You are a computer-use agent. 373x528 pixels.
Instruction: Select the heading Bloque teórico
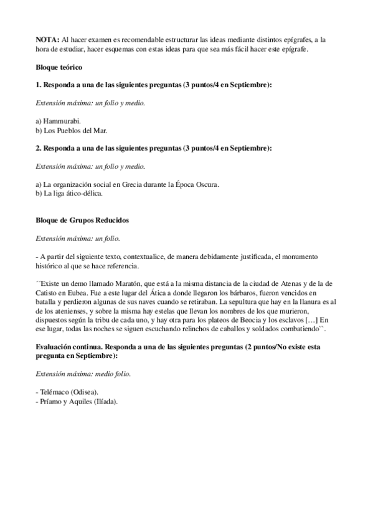(59, 67)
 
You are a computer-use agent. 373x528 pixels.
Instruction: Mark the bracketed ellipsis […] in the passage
(308, 321)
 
